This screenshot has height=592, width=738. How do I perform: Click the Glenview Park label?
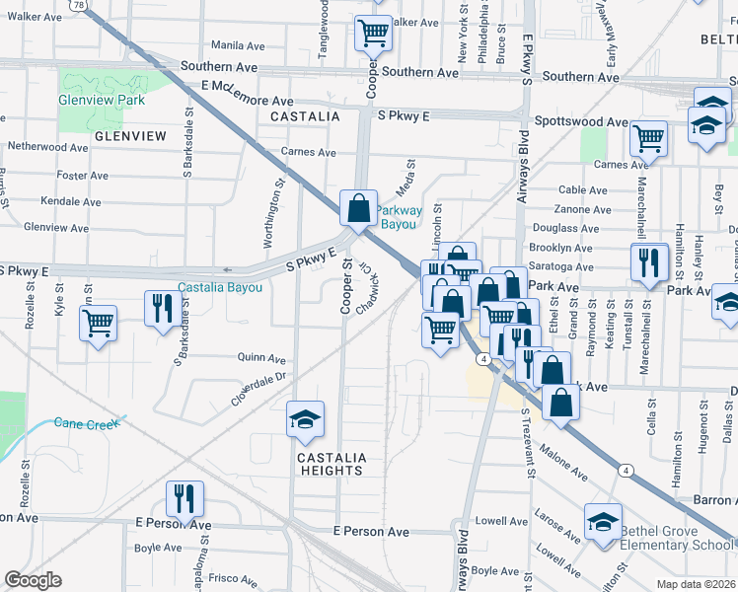102,100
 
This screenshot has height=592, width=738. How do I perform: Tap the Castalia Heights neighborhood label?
332,464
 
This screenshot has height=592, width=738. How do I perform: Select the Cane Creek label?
87,423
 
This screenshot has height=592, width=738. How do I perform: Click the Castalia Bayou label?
220,287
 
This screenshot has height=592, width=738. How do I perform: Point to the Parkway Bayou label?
400,217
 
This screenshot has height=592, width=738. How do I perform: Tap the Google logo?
34,579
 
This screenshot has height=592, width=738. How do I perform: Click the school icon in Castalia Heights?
306,418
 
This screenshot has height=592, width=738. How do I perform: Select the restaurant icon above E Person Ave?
184,497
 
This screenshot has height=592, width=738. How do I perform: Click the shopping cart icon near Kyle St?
98,322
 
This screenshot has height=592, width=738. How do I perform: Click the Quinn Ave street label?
261,359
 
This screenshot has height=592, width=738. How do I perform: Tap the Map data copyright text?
695,582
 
